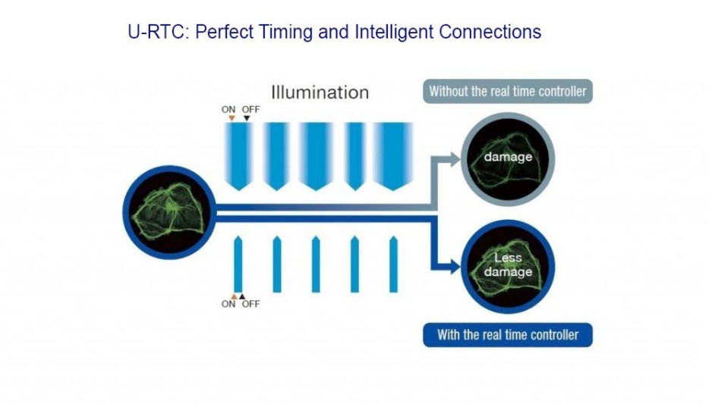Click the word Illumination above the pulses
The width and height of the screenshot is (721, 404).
[320, 92]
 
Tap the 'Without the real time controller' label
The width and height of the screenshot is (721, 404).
[508, 92]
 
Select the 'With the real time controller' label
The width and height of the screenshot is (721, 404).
[508, 335]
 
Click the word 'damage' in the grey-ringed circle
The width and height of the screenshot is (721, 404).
[508, 157]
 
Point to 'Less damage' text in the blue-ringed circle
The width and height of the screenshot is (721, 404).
[508, 265]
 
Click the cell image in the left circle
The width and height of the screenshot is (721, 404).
[168, 212]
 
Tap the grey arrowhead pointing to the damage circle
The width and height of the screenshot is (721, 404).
[455, 159]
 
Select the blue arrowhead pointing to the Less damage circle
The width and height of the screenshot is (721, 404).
[455, 266]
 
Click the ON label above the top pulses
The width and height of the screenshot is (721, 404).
[228, 109]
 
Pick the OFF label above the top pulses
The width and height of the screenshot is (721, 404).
[250, 109]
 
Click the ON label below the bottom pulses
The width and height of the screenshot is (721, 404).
[228, 304]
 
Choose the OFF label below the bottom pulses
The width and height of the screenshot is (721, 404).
[250, 304]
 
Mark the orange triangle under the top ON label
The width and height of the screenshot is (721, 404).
[231, 118]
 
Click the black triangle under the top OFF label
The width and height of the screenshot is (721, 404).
[247, 118]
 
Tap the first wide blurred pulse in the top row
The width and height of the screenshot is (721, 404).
[238, 156]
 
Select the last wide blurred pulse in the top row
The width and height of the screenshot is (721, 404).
[393, 156]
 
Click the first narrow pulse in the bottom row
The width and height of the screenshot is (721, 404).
[238, 264]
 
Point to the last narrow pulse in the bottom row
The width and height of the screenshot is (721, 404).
[394, 264]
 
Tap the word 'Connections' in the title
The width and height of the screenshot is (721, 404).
[490, 32]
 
